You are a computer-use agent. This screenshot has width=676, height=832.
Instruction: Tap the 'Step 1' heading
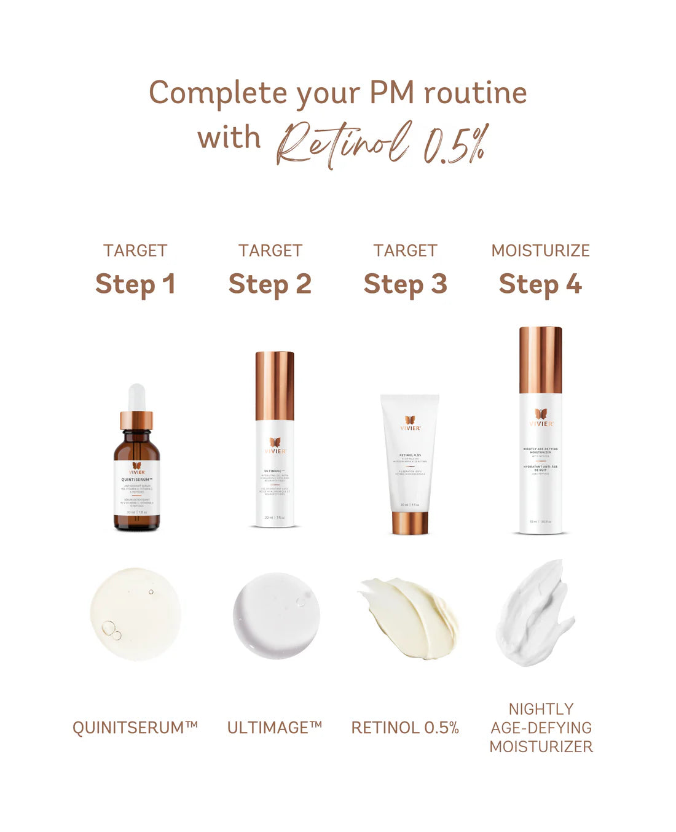(135, 284)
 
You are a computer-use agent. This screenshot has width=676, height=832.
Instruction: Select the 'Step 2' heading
(270, 284)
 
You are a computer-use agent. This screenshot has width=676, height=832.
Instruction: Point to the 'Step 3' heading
(405, 284)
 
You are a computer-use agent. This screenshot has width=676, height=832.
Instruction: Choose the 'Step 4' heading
(540, 284)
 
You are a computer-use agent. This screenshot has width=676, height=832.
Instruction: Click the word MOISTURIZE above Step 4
(540, 251)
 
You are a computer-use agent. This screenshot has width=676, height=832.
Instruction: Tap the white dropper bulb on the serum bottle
(136, 396)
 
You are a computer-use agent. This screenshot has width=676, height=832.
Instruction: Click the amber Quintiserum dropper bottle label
(136, 494)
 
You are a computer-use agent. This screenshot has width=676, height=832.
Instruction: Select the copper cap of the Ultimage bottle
(275, 386)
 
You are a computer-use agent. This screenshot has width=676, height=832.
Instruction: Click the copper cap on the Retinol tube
(410, 522)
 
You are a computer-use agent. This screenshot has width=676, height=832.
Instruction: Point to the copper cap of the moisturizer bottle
(540, 360)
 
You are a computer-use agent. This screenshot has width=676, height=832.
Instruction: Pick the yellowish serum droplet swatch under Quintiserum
(135, 614)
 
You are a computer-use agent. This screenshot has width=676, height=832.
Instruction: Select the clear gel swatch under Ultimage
(277, 615)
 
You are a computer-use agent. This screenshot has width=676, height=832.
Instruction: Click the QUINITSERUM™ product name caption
(135, 728)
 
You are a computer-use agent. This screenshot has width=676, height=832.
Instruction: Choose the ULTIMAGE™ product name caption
(275, 728)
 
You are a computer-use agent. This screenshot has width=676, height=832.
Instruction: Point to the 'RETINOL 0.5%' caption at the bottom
(405, 728)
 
